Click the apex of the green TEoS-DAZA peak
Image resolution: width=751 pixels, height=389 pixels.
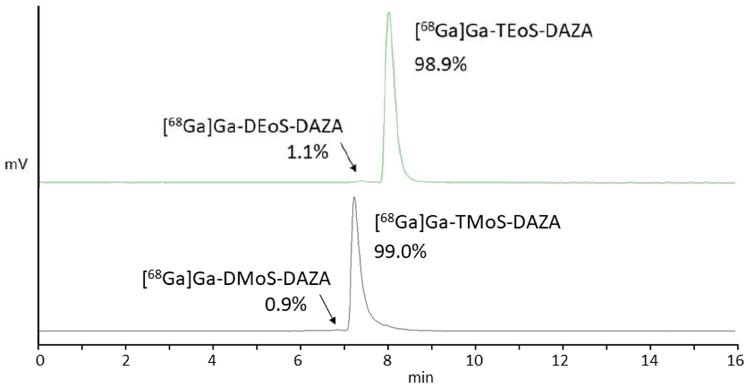389,13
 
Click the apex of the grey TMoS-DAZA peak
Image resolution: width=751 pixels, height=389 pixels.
354,198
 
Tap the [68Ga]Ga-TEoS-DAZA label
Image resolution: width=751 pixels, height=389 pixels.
504,31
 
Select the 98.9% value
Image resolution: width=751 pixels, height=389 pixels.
440,65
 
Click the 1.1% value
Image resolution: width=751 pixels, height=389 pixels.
307,153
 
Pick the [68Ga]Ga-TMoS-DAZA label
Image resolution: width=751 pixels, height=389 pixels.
467,223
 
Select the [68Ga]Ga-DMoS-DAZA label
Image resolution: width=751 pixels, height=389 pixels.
236,279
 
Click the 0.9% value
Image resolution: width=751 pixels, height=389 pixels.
286,305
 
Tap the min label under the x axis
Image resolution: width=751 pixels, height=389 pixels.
421,378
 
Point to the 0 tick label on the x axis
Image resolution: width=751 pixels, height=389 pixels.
40,361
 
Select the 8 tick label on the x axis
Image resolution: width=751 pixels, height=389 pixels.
387,361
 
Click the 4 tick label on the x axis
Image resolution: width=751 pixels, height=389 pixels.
213,361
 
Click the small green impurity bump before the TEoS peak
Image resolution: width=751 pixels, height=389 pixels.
362,181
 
